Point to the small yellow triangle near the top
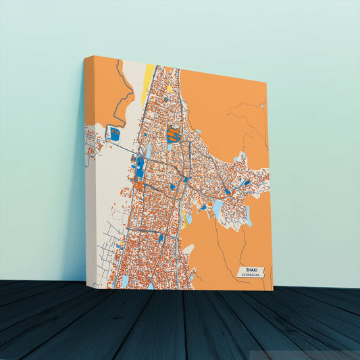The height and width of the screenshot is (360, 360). coord(170,88)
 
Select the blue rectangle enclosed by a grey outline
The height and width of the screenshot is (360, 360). coord(115,134)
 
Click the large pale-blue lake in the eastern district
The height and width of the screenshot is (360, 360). coord(217,206)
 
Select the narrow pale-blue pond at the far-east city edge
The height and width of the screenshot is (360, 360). coord(249,216)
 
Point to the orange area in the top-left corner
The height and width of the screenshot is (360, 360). coord(101,88)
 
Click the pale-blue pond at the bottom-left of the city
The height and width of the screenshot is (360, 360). coord(125,279)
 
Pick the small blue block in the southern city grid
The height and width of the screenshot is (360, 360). coord(161,238)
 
